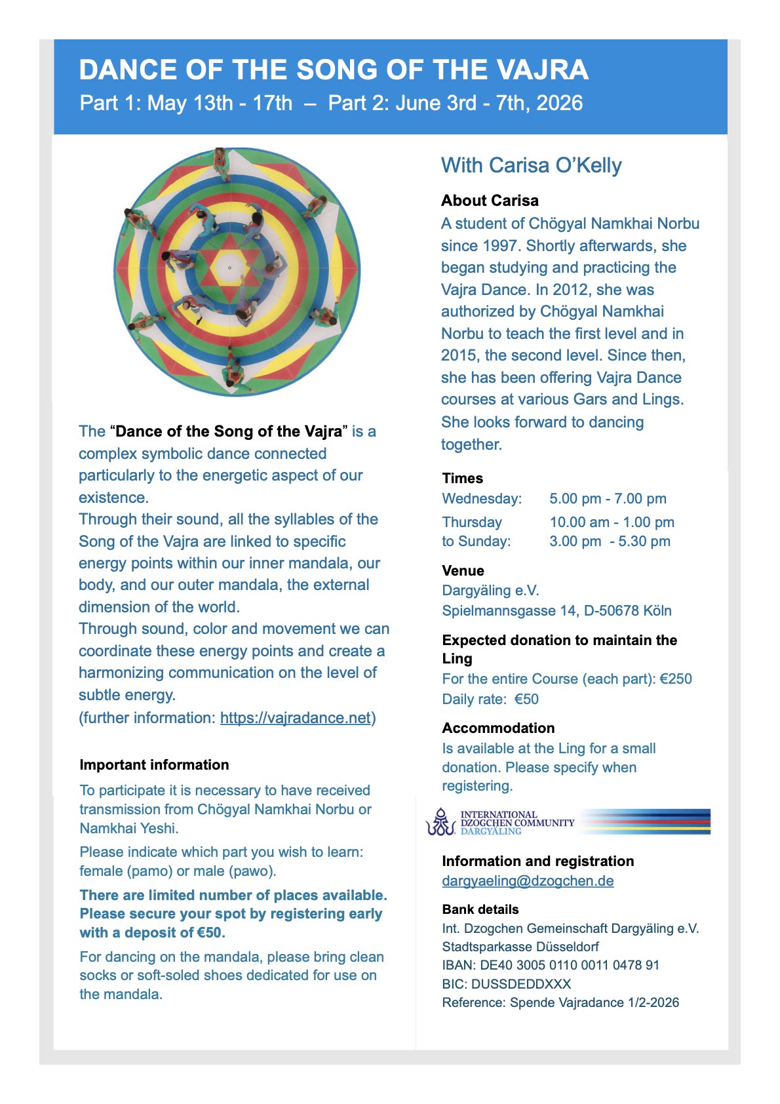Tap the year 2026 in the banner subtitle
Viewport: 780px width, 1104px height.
(x=559, y=103)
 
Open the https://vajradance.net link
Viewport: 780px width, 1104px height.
(x=295, y=718)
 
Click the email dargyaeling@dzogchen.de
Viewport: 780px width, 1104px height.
(x=528, y=881)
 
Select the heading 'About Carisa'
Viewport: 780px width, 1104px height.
(x=490, y=201)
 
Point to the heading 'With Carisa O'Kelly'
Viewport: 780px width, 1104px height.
(x=531, y=165)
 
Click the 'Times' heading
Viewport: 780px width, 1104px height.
(x=462, y=479)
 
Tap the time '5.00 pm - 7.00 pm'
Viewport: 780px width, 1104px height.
(x=608, y=499)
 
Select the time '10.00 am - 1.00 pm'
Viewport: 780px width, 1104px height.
(x=612, y=522)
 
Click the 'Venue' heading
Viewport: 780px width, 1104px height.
(x=463, y=571)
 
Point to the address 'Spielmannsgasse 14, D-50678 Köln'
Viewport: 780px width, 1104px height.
(x=556, y=611)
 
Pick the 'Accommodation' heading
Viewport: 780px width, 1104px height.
(x=498, y=728)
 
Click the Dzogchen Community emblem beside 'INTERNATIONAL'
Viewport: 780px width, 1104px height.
(x=440, y=822)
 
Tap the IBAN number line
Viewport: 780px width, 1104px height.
(x=551, y=965)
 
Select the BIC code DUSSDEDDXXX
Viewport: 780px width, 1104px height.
(x=521, y=984)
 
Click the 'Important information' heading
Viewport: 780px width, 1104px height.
(x=154, y=765)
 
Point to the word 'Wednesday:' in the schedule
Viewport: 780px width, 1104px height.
(x=482, y=499)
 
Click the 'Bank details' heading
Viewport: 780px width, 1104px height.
(x=480, y=910)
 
